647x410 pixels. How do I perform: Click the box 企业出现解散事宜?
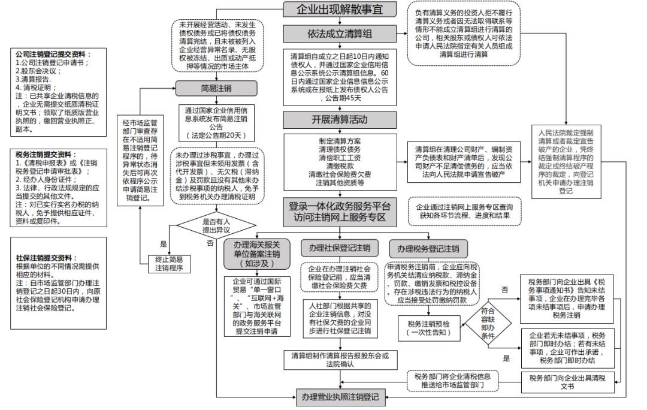pyautogui.click(x=339, y=9)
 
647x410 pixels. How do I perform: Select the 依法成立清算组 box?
pyautogui.click(x=339, y=33)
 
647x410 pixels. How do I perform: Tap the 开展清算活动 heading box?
pyautogui.click(x=339, y=119)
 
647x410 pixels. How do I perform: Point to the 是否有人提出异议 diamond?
pyautogui.click(x=216, y=225)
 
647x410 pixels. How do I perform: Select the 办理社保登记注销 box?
pyautogui.click(x=339, y=248)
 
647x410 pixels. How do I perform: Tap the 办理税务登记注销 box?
pyautogui.click(x=428, y=248)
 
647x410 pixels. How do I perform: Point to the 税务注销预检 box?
pyautogui.click(x=428, y=327)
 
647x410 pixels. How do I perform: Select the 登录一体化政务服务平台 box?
pyautogui.click(x=339, y=212)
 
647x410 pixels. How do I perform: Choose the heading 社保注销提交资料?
pyautogui.click(x=47, y=258)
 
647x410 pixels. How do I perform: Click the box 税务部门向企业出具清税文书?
pyautogui.click(x=567, y=382)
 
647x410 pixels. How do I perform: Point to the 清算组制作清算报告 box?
pyautogui.click(x=339, y=359)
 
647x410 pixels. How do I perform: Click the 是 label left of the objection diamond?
pyautogui.click(x=163, y=243)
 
